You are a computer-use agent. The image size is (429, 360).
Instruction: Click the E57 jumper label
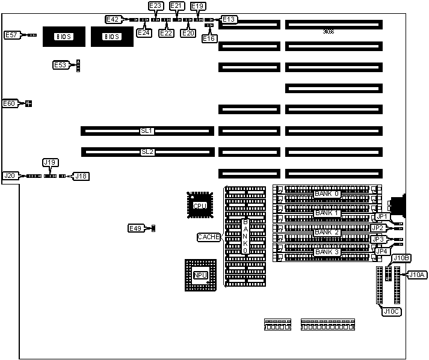click(x=11, y=35)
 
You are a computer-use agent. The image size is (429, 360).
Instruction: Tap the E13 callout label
click(x=229, y=19)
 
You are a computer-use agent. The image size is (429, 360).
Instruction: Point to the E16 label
click(x=209, y=38)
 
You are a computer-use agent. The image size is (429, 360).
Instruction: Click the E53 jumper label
click(x=60, y=65)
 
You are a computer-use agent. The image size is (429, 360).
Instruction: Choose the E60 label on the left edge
click(x=10, y=103)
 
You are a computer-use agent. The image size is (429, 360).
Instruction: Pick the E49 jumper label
click(x=135, y=228)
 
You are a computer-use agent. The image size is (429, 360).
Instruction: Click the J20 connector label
click(x=10, y=175)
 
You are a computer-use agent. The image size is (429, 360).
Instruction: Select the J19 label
click(x=51, y=162)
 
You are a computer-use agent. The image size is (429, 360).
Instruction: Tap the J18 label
click(x=81, y=176)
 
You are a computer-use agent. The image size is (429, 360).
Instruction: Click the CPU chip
click(x=200, y=205)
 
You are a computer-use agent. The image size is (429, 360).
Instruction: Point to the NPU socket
click(x=200, y=275)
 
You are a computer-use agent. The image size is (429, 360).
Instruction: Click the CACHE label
click(x=209, y=237)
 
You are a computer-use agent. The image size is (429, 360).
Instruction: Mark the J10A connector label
click(x=417, y=275)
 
